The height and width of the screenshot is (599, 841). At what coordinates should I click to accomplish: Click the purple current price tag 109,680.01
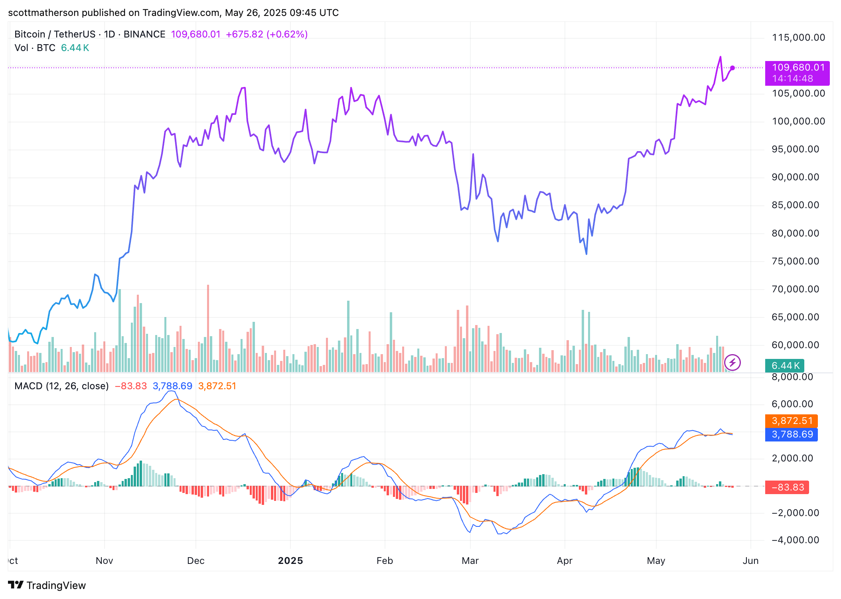[797, 68]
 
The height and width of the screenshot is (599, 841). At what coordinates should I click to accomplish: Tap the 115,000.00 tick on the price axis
[798, 37]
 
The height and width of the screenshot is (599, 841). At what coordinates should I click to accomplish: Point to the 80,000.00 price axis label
[795, 233]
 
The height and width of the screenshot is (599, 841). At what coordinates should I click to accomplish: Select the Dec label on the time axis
[195, 561]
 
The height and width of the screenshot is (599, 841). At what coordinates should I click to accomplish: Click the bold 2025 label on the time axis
[290, 561]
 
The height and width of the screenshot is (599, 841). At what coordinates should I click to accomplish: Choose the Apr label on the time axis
[565, 561]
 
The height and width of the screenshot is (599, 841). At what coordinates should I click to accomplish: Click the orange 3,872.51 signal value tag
[792, 421]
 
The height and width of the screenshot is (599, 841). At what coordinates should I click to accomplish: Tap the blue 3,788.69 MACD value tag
[792, 434]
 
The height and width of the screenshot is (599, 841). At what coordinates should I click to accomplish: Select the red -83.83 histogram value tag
[787, 487]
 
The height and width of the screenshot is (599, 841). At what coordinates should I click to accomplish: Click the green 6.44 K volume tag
[784, 366]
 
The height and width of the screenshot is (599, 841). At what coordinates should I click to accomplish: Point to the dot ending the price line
[732, 68]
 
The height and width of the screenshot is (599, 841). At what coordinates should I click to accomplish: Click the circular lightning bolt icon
[732, 363]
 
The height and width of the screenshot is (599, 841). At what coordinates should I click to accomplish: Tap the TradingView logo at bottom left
[47, 585]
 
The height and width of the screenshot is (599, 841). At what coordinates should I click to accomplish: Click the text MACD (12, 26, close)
[61, 386]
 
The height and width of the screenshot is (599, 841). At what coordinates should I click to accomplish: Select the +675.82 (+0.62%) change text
[267, 34]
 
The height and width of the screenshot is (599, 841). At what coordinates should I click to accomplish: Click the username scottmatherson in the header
[43, 13]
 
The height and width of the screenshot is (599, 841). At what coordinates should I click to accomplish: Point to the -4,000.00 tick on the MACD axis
[795, 540]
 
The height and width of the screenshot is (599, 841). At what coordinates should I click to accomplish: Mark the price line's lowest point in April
[586, 254]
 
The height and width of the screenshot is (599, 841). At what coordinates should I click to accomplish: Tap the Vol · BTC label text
[35, 48]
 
